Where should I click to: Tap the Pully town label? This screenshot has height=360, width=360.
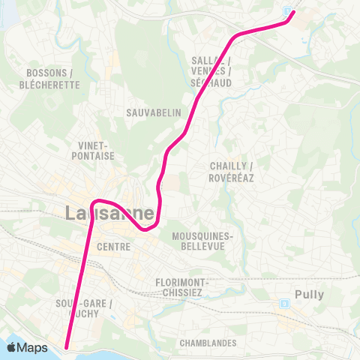pos(309,295)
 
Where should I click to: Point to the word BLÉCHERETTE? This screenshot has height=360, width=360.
pos(52,85)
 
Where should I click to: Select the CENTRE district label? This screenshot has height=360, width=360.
pos(114,247)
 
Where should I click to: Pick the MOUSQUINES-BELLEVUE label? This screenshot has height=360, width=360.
pos(203,241)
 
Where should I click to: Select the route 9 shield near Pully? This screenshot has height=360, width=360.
pos(284,303)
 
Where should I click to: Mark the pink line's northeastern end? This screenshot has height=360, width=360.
pos(293,12)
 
